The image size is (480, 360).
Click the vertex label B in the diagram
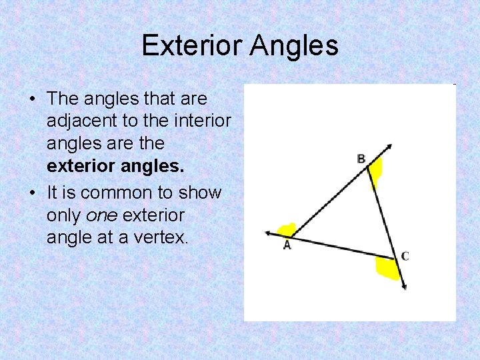pyautogui.click(x=361, y=159)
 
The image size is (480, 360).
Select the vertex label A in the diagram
pyautogui.click(x=287, y=245)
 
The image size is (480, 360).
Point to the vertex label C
pyautogui.click(x=405, y=255)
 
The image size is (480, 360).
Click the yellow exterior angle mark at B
pyautogui.click(x=376, y=170)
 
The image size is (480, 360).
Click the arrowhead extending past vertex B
pyautogui.click(x=389, y=147)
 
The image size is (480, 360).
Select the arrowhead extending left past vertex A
pyautogui.click(x=268, y=233)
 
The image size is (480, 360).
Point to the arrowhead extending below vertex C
pyautogui.click(x=403, y=285)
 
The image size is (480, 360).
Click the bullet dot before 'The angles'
pyautogui.click(x=32, y=99)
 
